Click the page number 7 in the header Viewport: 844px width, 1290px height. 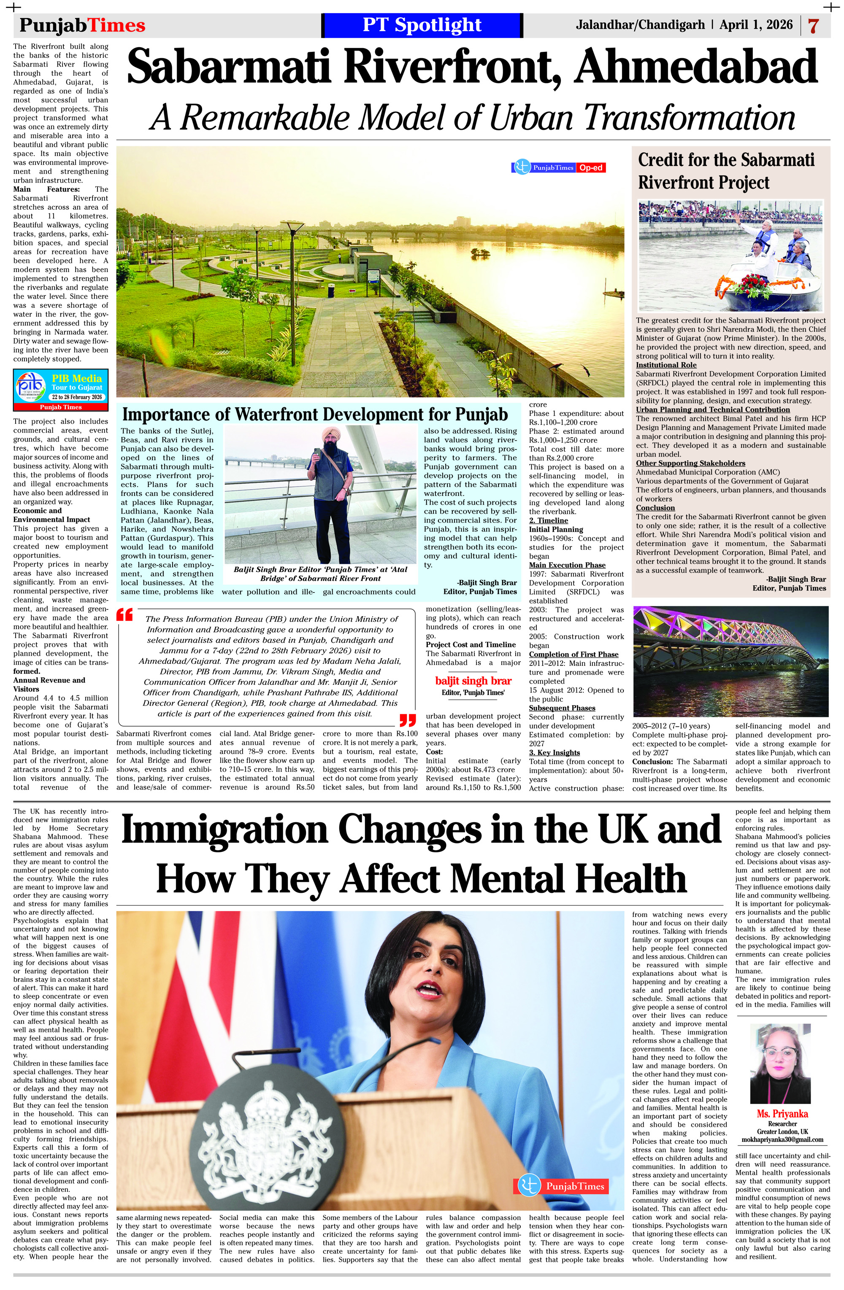tap(813, 25)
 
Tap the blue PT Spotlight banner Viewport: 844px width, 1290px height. tap(422, 25)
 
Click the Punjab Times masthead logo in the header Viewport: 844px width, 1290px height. tap(82, 25)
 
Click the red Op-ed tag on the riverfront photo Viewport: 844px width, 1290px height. tap(591, 168)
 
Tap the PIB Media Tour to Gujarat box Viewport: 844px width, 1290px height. tap(61, 390)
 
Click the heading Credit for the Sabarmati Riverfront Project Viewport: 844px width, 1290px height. tap(726, 171)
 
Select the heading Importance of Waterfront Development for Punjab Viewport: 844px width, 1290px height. tap(315, 414)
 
